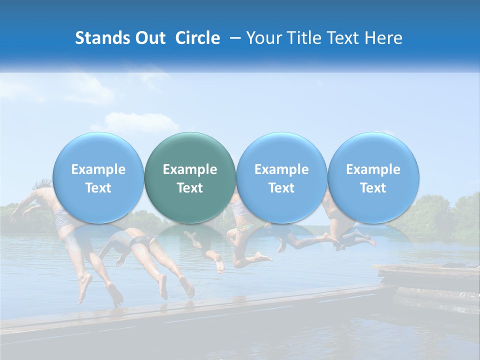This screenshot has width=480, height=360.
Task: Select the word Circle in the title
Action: pos(197,38)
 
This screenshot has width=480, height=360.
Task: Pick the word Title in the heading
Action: pos(302,38)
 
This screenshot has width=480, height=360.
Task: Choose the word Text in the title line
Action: pos(343,38)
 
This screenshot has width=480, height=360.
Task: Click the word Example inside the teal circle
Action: pos(190,169)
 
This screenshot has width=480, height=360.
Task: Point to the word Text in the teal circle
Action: pos(190,188)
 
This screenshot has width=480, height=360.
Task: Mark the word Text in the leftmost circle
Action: pos(98,188)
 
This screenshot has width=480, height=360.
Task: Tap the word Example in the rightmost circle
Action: pos(373,169)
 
